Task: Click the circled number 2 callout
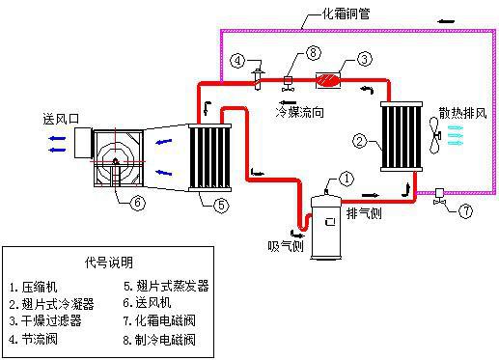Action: tap(359, 142)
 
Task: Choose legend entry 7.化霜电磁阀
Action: tap(167, 321)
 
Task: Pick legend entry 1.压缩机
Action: tap(36, 287)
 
